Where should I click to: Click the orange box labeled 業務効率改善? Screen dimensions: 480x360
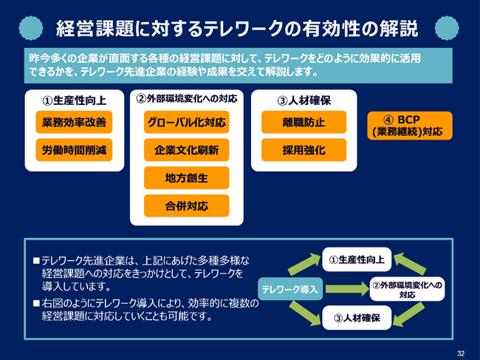[x=74, y=122]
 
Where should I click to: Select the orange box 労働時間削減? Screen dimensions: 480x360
[x=74, y=150]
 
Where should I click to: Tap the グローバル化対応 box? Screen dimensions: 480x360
[x=186, y=122]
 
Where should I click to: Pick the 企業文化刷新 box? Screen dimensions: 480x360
[x=186, y=150]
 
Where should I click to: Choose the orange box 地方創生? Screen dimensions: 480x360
[x=186, y=177]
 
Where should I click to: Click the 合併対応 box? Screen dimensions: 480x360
[x=186, y=206]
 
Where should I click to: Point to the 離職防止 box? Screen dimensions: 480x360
[x=304, y=122]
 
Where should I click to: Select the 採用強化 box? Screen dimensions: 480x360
[x=304, y=150]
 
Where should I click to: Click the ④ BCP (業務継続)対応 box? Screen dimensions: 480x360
[x=410, y=126]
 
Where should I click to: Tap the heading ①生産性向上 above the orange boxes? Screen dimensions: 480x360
[x=74, y=101]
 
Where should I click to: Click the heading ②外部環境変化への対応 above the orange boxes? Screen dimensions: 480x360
[x=186, y=98]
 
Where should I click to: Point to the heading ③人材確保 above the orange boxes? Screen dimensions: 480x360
[x=304, y=101]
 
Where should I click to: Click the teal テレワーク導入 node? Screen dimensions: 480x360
[x=290, y=289]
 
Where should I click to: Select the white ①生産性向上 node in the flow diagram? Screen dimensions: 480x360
[x=357, y=259]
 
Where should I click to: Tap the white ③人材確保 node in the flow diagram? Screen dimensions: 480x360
[x=357, y=318]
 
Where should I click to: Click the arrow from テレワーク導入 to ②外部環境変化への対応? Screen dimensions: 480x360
[x=347, y=288]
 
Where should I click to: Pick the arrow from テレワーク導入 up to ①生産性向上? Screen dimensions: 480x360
[x=304, y=264]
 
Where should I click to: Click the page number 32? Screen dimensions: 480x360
[x=461, y=353]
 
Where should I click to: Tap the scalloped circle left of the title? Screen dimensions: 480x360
[x=30, y=28]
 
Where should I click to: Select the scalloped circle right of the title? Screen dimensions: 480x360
[x=447, y=28]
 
